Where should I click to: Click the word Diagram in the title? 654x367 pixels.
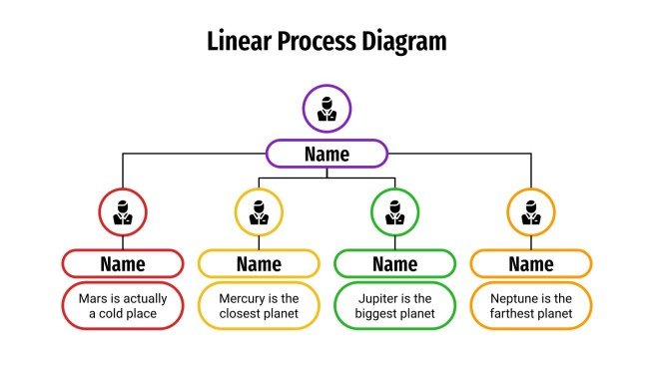(398, 42)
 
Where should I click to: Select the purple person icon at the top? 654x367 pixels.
(327, 109)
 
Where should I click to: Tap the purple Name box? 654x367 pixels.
(327, 154)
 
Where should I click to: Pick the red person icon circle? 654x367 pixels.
(123, 211)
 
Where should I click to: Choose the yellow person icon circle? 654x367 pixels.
(259, 211)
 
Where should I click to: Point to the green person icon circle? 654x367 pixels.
(394, 211)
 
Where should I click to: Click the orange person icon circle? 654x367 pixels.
(531, 211)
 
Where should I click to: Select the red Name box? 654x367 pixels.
(123, 263)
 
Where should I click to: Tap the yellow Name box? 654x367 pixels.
(259, 263)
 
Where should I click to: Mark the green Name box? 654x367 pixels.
(394, 263)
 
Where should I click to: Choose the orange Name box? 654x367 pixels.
(531, 263)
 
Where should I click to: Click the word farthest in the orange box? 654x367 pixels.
(514, 315)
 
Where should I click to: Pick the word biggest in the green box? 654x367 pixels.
(376, 315)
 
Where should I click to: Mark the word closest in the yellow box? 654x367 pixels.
(240, 315)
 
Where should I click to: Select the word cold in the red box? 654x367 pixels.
(116, 315)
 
